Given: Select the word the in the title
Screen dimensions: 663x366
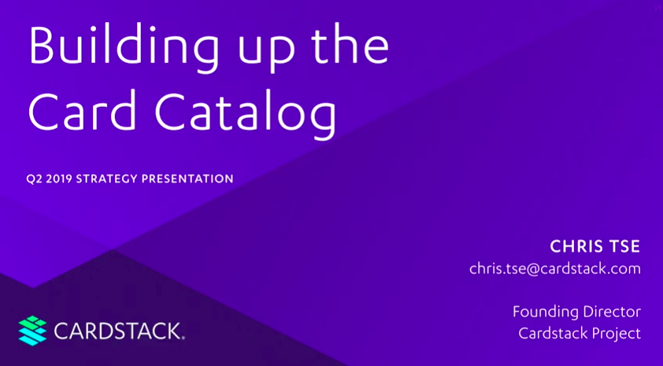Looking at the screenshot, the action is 350,45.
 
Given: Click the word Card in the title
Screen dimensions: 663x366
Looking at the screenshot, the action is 82,109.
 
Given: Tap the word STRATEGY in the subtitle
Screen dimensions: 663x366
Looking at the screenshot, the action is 106,179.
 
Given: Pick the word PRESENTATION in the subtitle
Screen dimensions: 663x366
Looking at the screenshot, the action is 187,179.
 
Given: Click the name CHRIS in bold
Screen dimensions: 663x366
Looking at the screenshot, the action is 576,246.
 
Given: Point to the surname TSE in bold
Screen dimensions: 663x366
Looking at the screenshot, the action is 624,246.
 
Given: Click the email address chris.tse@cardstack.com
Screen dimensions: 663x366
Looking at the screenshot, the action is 555,269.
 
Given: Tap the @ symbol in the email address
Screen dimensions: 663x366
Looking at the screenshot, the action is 533,270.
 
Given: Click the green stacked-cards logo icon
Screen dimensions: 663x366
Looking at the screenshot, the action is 32,331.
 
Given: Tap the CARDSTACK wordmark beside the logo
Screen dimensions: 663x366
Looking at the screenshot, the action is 117,331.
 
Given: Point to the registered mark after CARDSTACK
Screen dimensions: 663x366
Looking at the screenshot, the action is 183,338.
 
